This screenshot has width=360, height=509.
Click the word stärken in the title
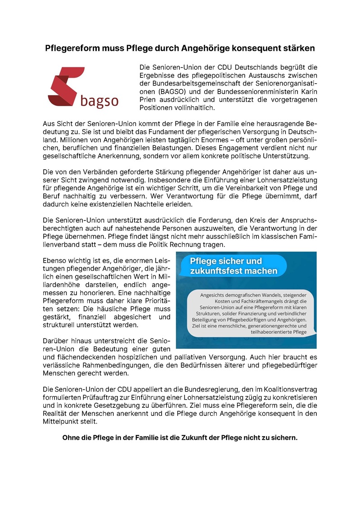pos(297,48)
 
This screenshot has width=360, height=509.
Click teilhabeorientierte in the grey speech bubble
pos(279,332)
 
